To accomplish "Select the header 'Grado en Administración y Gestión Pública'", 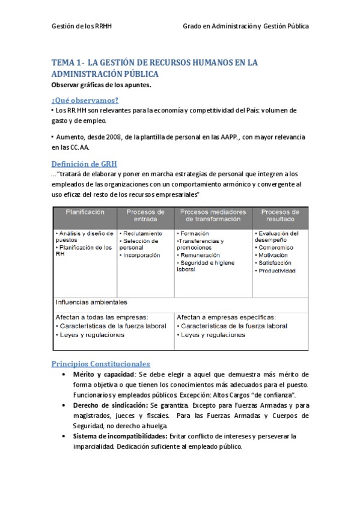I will pos(246,26).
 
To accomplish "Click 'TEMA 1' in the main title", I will pos(66,63).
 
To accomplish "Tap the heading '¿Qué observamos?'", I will pos(85,100).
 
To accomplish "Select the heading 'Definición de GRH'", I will pos(84,164).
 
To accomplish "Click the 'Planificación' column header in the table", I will pos(85,212).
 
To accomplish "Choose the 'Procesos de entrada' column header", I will pos(145,216).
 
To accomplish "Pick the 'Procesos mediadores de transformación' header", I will pos(213,216).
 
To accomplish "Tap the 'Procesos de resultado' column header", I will pos(280,216).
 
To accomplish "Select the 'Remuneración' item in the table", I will pos(201,255).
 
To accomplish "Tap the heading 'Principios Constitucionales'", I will pos(100,364).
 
